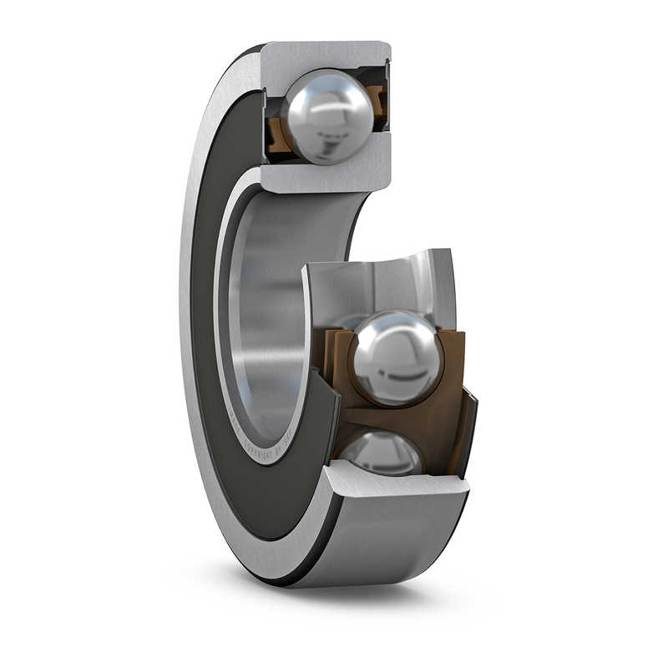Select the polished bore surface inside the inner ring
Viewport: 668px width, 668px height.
pyautogui.click(x=267, y=317)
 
